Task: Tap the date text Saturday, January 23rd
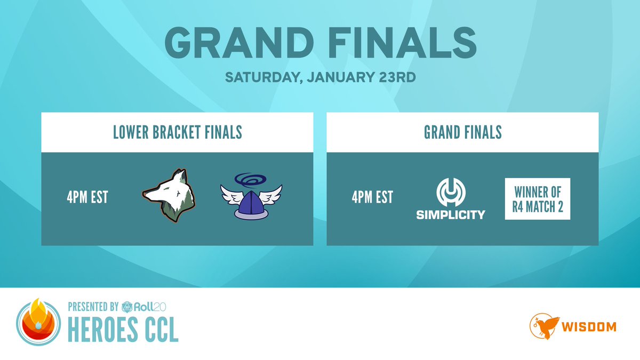[x=320, y=77]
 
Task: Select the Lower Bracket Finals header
[x=177, y=132]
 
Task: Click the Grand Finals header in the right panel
[x=462, y=132]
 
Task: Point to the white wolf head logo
[x=168, y=196]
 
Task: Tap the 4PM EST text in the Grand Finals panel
[x=372, y=197]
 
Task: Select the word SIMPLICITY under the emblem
[x=451, y=214]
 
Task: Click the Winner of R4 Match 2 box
[x=538, y=198]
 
